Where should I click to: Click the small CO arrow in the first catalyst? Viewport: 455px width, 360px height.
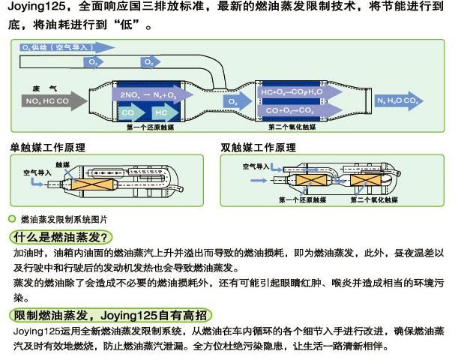(x=130, y=112)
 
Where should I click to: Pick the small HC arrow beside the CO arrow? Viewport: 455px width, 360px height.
(x=162, y=112)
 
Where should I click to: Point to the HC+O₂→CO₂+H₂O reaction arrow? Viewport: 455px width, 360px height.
(x=293, y=92)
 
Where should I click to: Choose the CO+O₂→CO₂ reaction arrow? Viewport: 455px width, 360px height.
(x=292, y=109)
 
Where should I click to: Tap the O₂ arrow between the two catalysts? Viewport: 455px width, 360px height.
(x=235, y=100)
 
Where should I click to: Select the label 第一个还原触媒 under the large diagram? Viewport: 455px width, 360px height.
(x=151, y=127)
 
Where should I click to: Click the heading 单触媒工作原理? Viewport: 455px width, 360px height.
(x=45, y=146)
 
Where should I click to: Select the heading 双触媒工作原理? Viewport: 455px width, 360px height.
(x=259, y=146)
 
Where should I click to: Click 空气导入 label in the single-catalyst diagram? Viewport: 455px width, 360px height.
(x=37, y=172)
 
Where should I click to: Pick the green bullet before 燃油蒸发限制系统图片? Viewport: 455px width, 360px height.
(x=11, y=219)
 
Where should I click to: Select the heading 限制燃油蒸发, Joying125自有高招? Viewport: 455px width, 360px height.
(x=109, y=314)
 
